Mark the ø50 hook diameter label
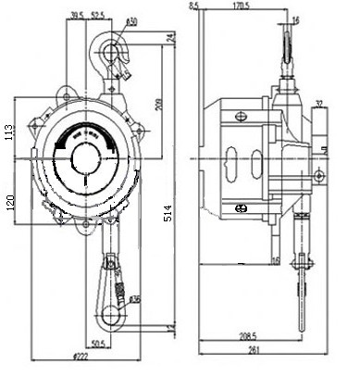point(131,20)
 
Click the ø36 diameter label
point(135,299)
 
